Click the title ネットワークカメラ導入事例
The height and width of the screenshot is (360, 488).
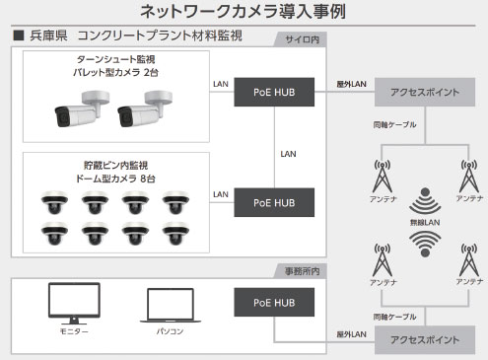point(243,11)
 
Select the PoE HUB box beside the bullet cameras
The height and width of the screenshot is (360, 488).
point(274,92)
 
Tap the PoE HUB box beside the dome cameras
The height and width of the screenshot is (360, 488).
point(274,202)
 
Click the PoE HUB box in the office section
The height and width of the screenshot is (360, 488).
point(274,303)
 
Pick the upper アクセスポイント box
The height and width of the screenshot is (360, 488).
point(425,92)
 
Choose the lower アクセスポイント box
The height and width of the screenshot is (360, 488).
point(425,340)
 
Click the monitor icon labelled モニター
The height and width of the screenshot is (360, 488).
point(74,303)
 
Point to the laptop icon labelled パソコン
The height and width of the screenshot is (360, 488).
point(171,306)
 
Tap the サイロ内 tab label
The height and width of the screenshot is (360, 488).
point(302,39)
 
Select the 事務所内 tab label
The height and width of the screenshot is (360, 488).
point(302,271)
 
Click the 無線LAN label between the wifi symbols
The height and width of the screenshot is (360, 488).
point(425,223)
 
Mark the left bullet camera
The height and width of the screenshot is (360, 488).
point(82,109)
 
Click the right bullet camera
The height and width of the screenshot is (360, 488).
point(145,109)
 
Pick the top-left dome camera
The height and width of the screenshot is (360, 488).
point(54,202)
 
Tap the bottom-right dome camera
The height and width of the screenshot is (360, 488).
point(175,233)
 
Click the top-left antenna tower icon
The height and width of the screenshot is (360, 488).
point(383,176)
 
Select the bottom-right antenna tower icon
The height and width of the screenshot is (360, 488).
point(469,259)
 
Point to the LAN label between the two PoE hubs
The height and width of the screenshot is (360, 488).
point(288,154)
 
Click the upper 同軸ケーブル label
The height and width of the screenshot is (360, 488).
point(394,124)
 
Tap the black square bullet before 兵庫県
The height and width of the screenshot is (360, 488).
point(19,36)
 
